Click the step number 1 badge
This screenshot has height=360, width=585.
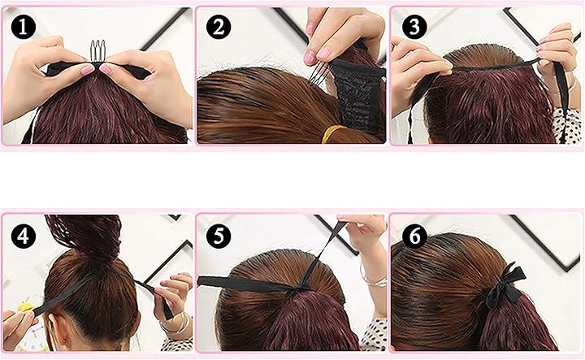[23, 27]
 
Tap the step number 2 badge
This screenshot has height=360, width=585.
[219, 27]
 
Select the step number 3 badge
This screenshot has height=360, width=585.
[414, 27]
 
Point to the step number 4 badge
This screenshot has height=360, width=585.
[23, 236]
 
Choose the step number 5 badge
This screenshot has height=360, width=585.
[219, 236]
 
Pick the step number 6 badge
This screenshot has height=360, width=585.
[414, 236]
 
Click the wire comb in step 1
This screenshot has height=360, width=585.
[97, 52]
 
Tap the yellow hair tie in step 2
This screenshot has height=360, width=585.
[332, 133]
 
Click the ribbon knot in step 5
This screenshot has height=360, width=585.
[297, 289]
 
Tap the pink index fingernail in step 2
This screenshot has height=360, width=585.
[310, 58]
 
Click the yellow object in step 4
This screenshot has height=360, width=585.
[25, 308]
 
